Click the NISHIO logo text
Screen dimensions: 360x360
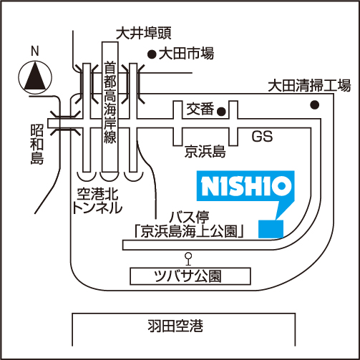click(x=246, y=186)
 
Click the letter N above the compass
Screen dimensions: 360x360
click(x=35, y=52)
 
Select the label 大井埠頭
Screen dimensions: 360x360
click(x=144, y=33)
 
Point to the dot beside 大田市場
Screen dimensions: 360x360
click(x=152, y=54)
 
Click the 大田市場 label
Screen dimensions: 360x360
click(x=186, y=54)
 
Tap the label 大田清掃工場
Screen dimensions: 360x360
click(x=309, y=85)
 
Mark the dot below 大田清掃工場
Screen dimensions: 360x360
click(x=315, y=104)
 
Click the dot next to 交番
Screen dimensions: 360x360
click(x=221, y=111)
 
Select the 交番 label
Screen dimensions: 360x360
click(x=200, y=109)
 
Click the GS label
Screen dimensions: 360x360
click(x=262, y=137)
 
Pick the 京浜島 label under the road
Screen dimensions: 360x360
click(x=205, y=151)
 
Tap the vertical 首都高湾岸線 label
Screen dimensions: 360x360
click(x=110, y=102)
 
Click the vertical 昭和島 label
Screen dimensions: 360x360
click(x=37, y=144)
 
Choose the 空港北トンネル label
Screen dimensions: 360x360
click(x=97, y=201)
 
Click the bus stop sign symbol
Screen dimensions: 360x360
click(x=189, y=259)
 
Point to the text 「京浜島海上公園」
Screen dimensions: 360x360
click(x=189, y=231)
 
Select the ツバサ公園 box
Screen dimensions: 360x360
click(x=190, y=276)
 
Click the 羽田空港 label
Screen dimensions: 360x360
click(x=175, y=326)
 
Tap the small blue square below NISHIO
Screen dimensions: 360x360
click(x=271, y=229)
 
